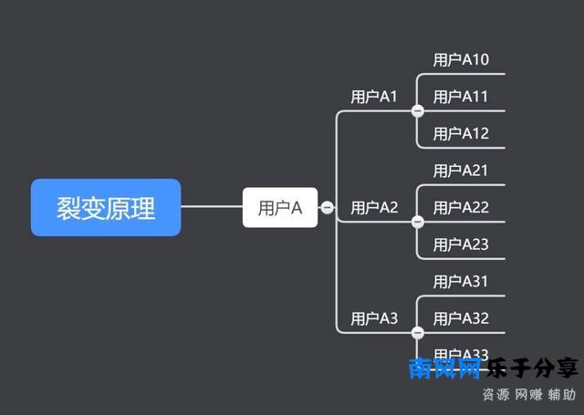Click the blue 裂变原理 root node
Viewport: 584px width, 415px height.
point(106,208)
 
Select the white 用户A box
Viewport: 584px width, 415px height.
point(280,208)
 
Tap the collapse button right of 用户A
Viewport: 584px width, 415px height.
point(327,208)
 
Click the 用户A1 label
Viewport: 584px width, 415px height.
point(374,97)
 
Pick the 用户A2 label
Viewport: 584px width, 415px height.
point(374,208)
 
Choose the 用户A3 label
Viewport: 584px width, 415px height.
point(374,318)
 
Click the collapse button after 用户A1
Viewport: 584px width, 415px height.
point(418,111)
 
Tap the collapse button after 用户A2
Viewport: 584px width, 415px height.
point(418,222)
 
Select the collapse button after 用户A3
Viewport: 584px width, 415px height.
point(418,333)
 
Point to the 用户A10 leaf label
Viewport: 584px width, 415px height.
point(461,60)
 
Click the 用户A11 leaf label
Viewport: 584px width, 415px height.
point(461,97)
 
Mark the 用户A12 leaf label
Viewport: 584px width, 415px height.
point(461,134)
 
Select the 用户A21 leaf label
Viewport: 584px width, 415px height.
point(461,171)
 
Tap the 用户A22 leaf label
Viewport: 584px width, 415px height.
point(461,208)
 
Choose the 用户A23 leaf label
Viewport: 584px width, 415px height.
point(461,244)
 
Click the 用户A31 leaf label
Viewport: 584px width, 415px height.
point(461,282)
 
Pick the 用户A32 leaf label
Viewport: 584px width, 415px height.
point(461,318)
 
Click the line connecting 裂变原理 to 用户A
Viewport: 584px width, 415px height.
point(212,207)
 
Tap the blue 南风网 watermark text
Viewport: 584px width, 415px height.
point(444,368)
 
